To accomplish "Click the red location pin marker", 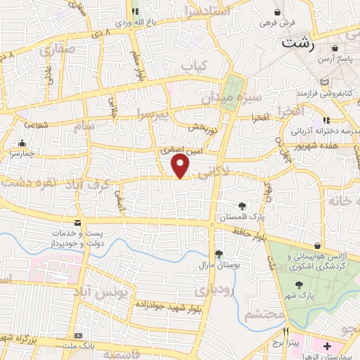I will (x=181, y=166).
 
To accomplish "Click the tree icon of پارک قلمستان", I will (x=243, y=205).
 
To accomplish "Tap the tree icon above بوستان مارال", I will (x=219, y=254).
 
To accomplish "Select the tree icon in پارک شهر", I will (x=300, y=285).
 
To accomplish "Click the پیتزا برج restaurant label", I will (x=288, y=345).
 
